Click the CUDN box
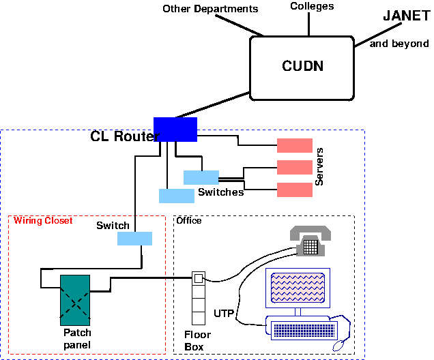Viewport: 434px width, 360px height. [302, 66]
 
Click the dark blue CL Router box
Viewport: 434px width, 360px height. [175, 129]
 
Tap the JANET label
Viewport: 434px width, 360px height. [406, 16]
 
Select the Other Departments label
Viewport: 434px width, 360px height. [210, 9]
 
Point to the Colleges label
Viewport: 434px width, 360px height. [312, 6]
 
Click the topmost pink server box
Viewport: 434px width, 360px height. [294, 145]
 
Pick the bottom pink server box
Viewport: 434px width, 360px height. [294, 189]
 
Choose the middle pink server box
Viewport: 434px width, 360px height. [294, 167]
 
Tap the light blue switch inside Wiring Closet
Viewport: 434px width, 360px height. [134, 239]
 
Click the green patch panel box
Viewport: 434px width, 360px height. [76, 299]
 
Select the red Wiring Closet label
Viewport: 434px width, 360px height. [43, 221]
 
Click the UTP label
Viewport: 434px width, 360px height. [224, 314]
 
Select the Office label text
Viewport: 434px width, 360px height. [189, 221]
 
